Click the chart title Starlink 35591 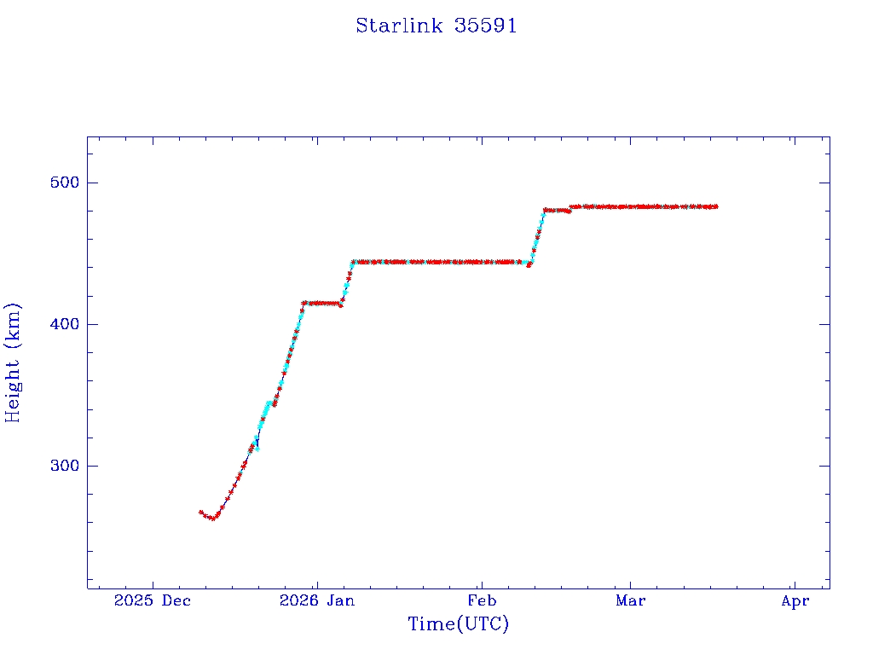click(436, 26)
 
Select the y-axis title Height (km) click(14, 362)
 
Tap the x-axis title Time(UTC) click(459, 624)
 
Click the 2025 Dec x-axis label click(153, 601)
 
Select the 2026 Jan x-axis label click(317, 601)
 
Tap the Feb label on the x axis click(482, 601)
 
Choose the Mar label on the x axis click(630, 601)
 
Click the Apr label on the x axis click(795, 601)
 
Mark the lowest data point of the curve click(213, 518)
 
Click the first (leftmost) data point click(200, 512)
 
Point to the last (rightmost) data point click(716, 206)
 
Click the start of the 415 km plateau click(304, 303)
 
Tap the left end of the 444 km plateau click(353, 262)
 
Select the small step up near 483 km click(571, 207)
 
